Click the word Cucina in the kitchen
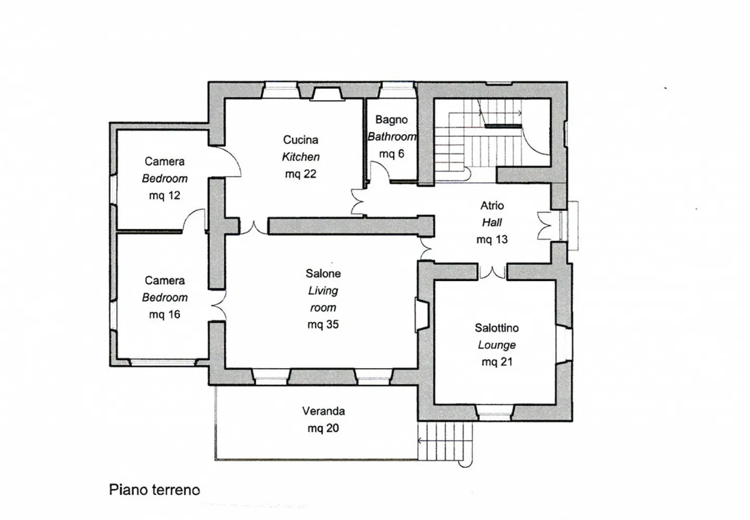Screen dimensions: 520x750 point(301,139)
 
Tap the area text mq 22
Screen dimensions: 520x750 point(301,174)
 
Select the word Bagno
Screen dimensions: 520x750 point(391,119)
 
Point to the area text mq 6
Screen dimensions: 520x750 point(391,154)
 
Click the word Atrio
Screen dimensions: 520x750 point(492,205)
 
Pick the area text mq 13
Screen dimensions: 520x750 point(492,239)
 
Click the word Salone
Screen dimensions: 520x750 point(323,273)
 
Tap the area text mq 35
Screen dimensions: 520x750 point(323,324)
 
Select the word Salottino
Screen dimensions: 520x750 point(496,328)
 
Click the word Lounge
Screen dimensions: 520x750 point(496,345)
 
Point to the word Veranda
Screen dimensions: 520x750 point(323,411)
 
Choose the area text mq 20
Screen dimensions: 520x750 point(323,428)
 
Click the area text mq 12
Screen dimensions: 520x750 point(164,196)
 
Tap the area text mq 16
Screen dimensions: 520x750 point(164,314)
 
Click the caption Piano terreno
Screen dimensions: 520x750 point(154,490)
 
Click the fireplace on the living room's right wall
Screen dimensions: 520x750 point(421,314)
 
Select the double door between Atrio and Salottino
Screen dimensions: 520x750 point(492,272)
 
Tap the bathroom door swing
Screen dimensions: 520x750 point(379,172)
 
